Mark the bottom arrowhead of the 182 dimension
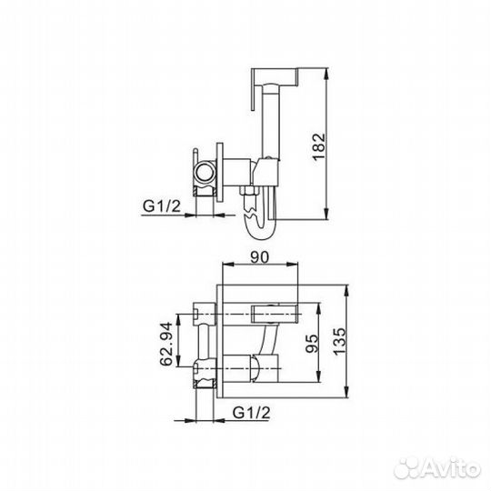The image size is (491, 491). coord(326,216)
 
